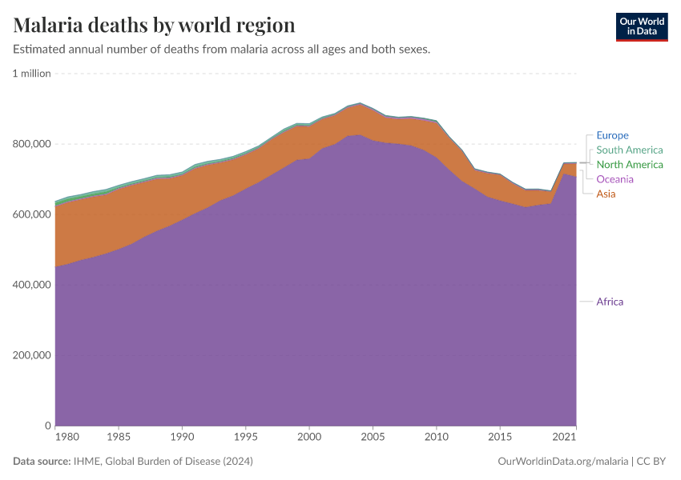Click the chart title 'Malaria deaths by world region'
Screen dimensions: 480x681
pos(154,25)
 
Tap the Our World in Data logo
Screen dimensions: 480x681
pos(641,26)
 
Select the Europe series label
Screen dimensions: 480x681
pos(612,135)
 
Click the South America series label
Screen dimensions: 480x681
pos(629,150)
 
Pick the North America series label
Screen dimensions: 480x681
pos(629,164)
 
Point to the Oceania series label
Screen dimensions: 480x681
pos(615,178)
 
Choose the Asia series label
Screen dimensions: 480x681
pos(606,194)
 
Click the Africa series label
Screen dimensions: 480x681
pos(609,302)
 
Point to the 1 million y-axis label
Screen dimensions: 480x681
pos(31,74)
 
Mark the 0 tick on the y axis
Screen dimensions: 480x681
pos(47,426)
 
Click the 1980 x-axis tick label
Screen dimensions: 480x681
pos(66,438)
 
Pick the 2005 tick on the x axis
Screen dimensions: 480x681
pos(372,438)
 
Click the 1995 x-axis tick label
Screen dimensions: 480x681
pos(246,438)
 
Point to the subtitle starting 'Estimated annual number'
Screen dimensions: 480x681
pos(222,49)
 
